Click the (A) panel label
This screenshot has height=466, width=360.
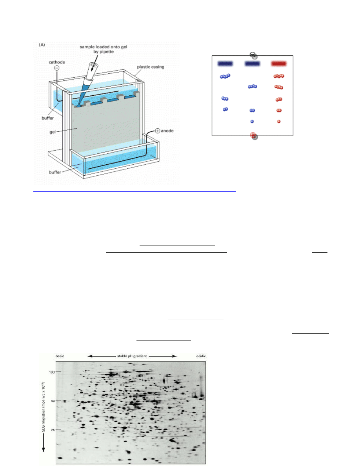coord(42,45)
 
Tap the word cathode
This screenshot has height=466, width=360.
coord(57,62)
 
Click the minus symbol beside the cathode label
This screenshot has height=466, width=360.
coord(57,68)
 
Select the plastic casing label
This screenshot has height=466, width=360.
coord(151,67)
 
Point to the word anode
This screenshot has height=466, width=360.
coord(167,131)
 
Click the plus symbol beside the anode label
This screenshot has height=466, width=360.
coord(158,131)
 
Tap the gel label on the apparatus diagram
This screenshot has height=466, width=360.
coord(53,132)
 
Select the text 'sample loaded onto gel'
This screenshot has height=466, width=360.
coord(104,47)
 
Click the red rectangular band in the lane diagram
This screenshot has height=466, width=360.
coord(278,63)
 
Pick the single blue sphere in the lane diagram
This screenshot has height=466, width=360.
coord(252,121)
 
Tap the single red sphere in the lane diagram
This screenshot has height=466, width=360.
coord(278,121)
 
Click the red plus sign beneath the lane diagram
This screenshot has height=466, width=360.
coord(253,135)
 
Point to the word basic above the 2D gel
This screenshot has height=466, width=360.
coord(60,356)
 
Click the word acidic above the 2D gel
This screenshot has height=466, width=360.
coord(201,356)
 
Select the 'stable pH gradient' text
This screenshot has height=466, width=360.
coord(132,356)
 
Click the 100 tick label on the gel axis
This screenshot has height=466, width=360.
coord(52,372)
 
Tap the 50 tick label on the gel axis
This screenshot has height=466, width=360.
coord(53,400)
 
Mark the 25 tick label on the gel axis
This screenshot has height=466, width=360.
coord(53,430)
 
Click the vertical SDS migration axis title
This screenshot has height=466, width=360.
coord(44,407)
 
